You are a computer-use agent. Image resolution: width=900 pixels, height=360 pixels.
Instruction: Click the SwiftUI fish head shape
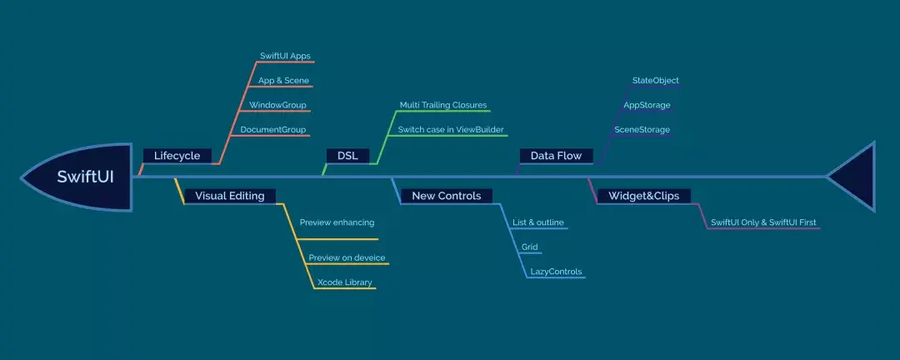79,177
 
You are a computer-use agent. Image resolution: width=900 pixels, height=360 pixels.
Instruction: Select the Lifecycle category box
177,156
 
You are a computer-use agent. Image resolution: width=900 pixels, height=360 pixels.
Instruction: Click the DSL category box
347,156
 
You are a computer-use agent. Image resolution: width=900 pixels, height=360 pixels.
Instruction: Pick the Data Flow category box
556,156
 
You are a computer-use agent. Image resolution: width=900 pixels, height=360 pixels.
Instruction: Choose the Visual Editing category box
229,196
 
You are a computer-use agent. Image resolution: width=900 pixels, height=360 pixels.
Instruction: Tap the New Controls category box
446,196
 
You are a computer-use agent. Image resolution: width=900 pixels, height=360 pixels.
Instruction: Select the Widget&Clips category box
643,196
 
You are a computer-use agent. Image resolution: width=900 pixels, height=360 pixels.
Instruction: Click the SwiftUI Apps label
286,56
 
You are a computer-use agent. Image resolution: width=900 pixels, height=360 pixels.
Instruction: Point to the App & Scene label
283,81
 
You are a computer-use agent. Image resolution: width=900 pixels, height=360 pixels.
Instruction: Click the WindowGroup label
277,106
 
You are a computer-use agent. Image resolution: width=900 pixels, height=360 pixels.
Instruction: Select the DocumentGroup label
273,130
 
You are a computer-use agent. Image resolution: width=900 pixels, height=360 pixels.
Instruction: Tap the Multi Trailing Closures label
443,106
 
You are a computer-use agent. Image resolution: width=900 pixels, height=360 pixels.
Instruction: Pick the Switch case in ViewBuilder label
451,130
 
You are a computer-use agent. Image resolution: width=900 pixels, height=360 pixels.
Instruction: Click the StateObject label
656,81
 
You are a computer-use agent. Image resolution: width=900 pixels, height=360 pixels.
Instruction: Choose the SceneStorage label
642,130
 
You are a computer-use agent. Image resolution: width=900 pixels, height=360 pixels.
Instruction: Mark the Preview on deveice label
347,257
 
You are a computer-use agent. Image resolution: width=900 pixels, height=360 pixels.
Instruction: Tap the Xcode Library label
344,282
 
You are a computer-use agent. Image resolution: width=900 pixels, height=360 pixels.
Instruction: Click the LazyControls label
556,272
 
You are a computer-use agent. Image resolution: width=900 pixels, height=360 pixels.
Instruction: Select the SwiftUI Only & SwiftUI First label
762,222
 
